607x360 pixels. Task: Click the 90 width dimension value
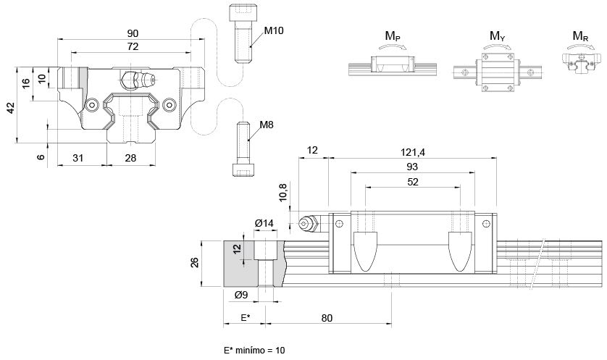coord(133,33)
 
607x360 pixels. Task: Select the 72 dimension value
coord(133,47)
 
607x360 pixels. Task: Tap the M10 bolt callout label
coord(274,30)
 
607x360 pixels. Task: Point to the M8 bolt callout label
coord(267,125)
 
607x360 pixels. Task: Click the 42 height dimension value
coord(11,108)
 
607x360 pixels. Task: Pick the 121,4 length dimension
coord(413,153)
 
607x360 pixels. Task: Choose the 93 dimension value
coord(413,167)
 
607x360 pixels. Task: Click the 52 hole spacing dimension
coord(413,182)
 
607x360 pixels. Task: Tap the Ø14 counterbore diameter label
coord(264,223)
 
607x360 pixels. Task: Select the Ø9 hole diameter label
coord(241,295)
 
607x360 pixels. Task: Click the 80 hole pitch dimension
coord(327,318)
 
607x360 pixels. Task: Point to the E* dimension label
coord(245,318)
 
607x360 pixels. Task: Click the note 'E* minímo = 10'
coord(254,351)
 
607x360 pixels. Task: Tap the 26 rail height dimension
coord(195,262)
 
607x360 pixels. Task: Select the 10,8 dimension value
coord(283,193)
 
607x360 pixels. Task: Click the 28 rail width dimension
coord(131,158)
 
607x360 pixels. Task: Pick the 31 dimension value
coord(78,158)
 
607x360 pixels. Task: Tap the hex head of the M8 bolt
coord(244,169)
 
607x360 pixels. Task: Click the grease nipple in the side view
coord(308,224)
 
